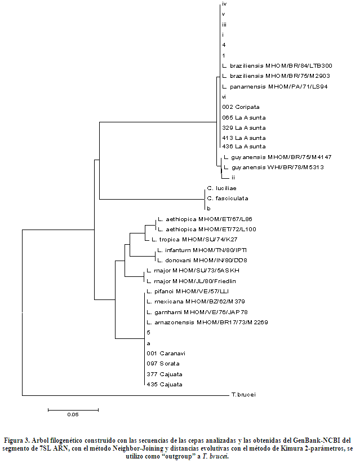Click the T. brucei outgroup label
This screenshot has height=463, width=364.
(243, 395)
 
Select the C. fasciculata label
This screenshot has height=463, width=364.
(228, 199)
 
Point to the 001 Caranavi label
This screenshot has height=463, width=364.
(166, 353)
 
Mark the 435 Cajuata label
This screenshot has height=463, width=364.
(164, 384)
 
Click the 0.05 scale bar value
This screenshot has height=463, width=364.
(73, 415)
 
